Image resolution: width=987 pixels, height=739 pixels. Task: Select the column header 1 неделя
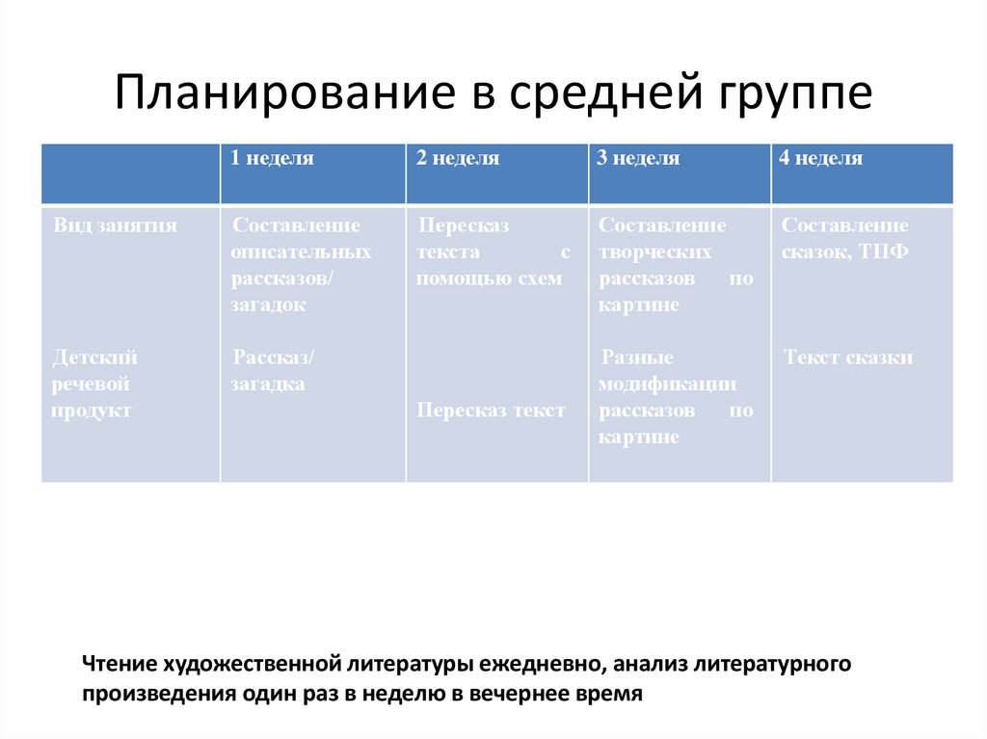272,159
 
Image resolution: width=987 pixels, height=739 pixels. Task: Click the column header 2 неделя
458,159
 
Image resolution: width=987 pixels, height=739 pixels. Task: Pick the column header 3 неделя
638,159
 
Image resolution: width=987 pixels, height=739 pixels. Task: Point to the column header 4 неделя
821,159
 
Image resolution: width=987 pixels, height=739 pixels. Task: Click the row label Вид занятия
116,225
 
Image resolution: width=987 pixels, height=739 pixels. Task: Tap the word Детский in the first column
95,357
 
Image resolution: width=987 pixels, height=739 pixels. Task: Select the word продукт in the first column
93,410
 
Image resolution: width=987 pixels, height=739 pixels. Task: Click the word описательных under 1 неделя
302,252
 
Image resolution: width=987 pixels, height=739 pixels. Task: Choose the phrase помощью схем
490,278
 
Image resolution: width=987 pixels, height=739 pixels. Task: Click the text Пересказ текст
492,410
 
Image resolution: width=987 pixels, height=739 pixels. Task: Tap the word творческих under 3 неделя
655,252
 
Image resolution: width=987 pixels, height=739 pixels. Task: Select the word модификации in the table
668,384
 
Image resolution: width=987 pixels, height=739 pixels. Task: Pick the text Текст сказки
848,357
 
